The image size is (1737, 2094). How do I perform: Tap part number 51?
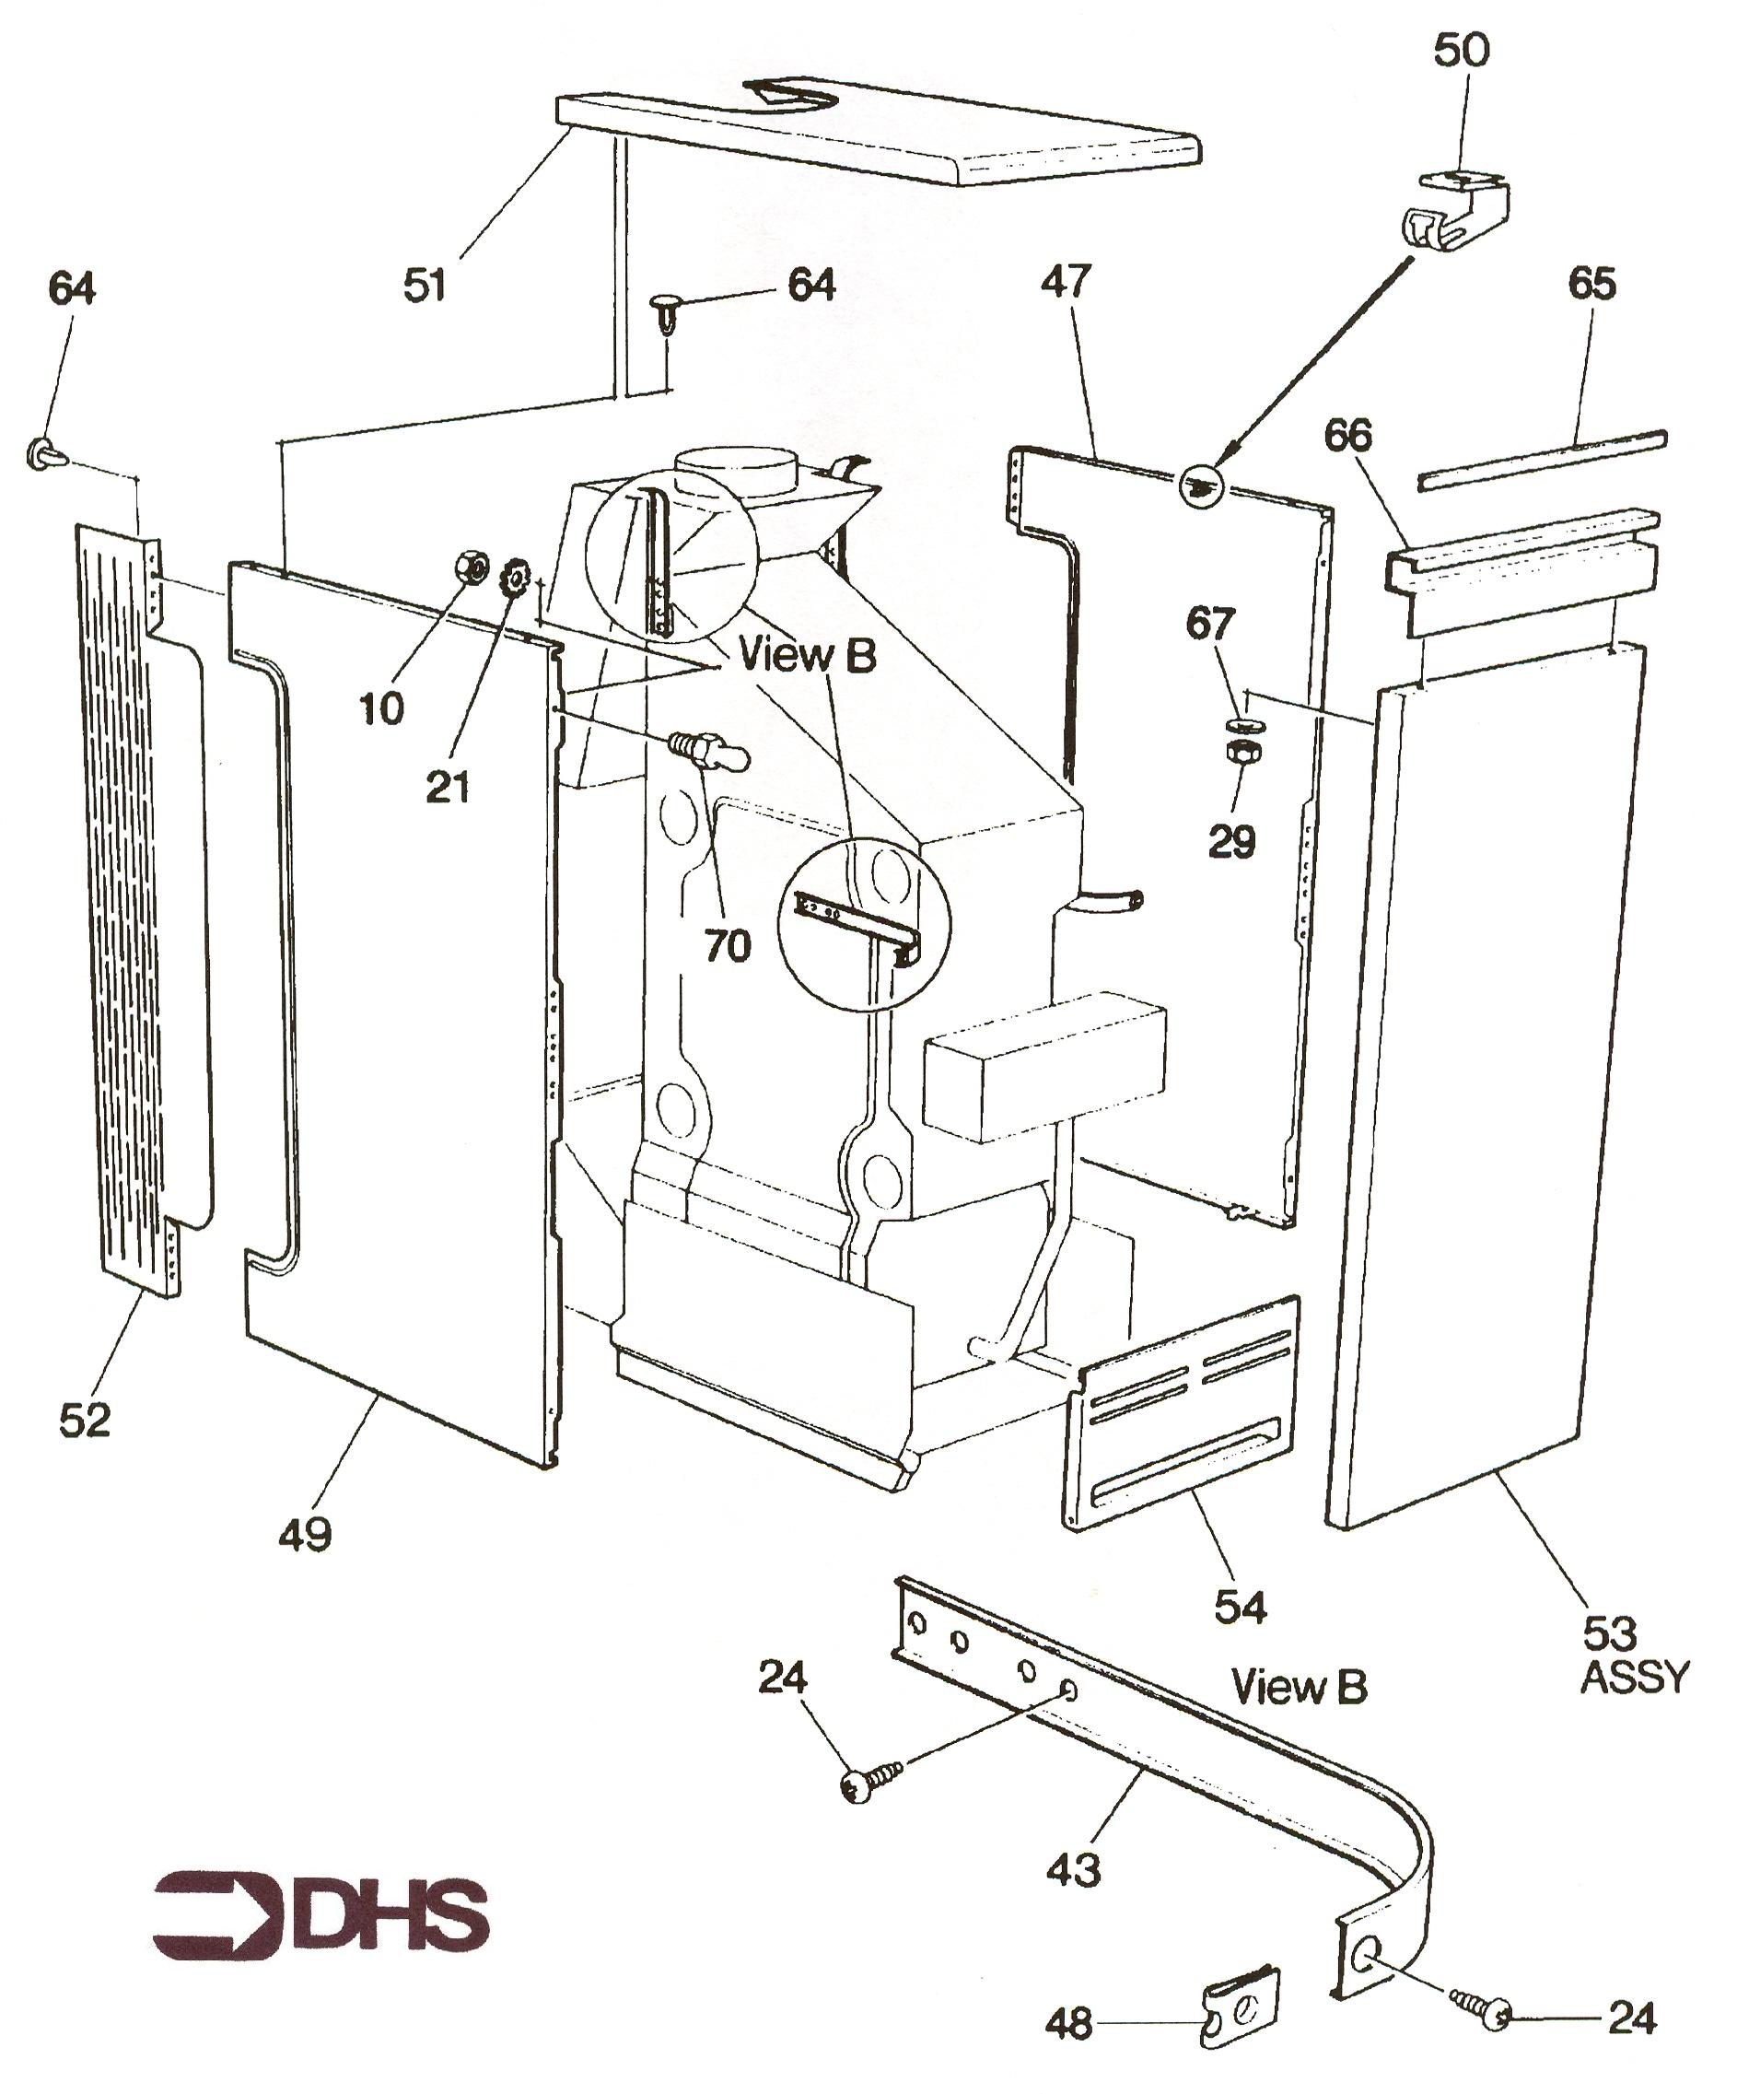tap(425, 286)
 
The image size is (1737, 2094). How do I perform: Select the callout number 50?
tap(1461, 50)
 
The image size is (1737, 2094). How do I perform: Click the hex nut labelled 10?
tap(470, 569)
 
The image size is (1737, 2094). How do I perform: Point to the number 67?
tap(1210, 626)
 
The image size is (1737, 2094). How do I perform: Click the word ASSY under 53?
tap(1636, 1679)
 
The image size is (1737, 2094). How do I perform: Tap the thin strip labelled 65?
tap(1541, 460)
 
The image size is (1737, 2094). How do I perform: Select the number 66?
tap(1348, 436)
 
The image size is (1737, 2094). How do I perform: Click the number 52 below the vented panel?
tap(85, 1420)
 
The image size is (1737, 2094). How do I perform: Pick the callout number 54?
tap(1241, 1607)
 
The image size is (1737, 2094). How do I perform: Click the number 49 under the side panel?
tap(305, 1534)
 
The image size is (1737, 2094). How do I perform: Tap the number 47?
tap(1066, 282)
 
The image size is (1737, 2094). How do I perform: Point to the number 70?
tap(727, 945)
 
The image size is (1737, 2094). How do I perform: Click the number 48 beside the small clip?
tap(1069, 2025)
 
